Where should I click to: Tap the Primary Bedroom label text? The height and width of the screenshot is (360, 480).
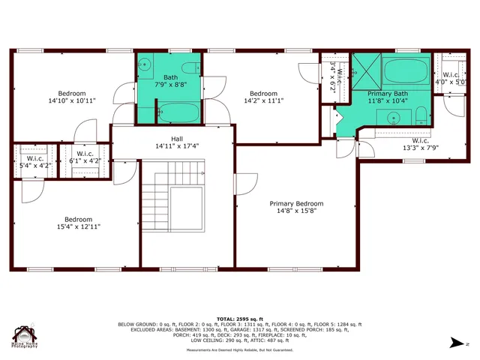coord(297,203)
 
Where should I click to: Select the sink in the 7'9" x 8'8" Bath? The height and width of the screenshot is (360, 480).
coord(145,64)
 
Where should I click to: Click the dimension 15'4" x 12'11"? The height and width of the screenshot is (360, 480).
coord(78,226)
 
